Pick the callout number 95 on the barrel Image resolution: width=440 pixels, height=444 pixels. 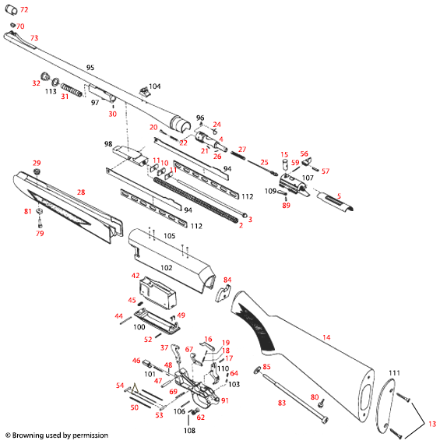pos(90,69)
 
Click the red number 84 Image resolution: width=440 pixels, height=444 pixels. pos(227,279)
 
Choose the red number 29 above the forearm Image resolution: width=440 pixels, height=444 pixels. pos(37,162)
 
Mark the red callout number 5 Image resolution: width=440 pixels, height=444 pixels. pos(339,195)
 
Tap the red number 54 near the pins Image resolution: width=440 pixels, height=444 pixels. pos(120,386)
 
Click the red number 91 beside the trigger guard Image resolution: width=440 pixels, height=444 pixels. pos(225,400)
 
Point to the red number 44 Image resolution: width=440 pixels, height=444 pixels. pos(119,315)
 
